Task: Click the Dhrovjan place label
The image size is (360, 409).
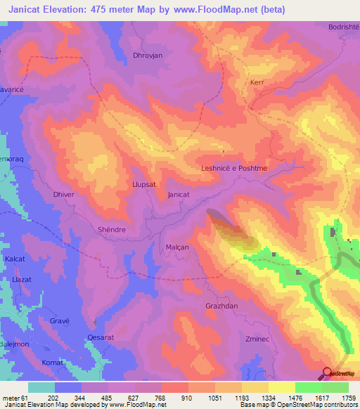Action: click(147, 55)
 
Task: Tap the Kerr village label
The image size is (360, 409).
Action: click(257, 82)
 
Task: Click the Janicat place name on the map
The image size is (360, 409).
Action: click(179, 195)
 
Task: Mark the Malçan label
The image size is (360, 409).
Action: click(176, 248)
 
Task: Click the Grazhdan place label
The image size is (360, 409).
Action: click(221, 306)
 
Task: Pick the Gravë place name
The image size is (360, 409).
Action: click(60, 320)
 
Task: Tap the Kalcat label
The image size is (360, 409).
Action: click(15, 259)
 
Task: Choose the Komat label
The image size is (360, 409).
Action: click(53, 362)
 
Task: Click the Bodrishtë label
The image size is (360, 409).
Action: click(343, 27)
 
